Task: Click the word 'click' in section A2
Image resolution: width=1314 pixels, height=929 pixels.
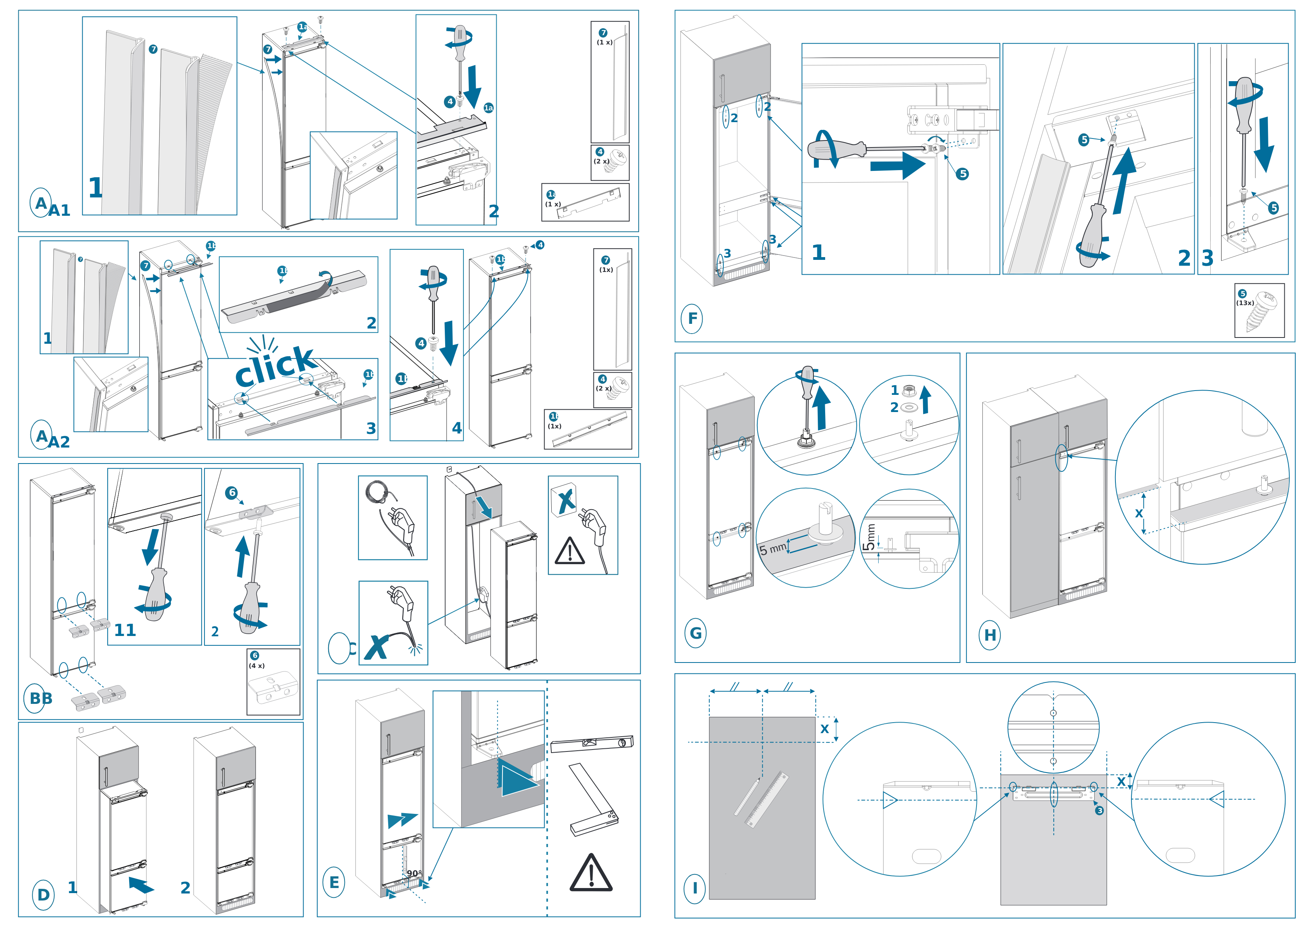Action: pyautogui.click(x=275, y=366)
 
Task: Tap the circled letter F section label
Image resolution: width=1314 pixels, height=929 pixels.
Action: pyautogui.click(x=692, y=318)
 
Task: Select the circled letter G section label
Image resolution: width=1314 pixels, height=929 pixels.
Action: pyautogui.click(x=695, y=633)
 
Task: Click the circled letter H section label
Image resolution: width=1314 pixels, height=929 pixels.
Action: pyautogui.click(x=989, y=635)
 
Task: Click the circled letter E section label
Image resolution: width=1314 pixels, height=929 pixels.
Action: pyautogui.click(x=334, y=882)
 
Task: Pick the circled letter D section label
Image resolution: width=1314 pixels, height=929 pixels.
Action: pyautogui.click(x=43, y=895)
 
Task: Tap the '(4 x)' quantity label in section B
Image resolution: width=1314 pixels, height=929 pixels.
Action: pyautogui.click(x=256, y=666)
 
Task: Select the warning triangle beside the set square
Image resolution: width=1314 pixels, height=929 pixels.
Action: pyautogui.click(x=591, y=874)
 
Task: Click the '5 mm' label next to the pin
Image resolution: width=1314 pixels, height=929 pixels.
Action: pyautogui.click(x=772, y=548)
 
